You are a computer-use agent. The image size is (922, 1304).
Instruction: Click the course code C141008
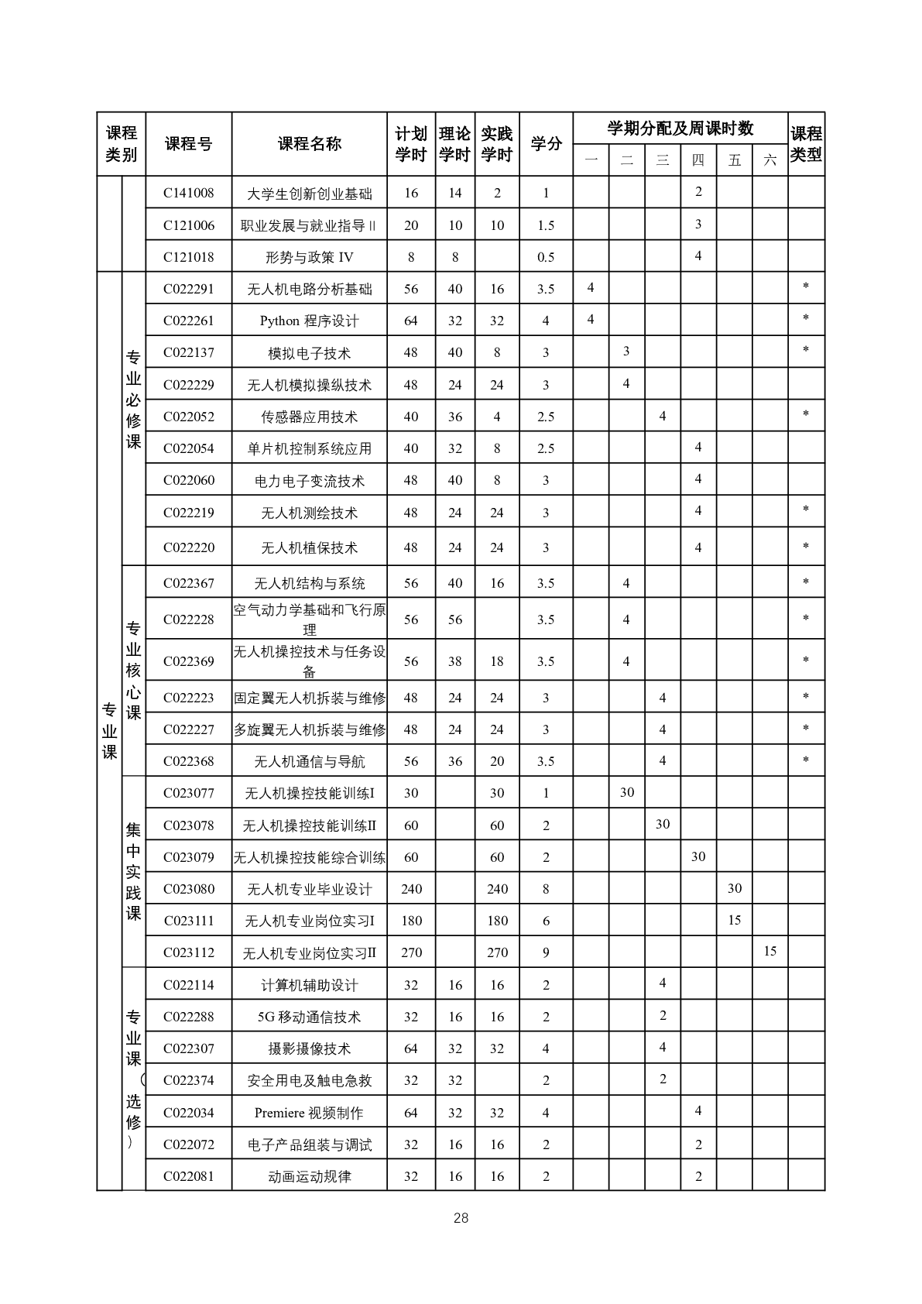188,193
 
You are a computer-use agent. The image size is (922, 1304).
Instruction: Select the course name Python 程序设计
309,321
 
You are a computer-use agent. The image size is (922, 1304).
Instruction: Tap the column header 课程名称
309,144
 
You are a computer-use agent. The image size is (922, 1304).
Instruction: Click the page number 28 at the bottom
461,1218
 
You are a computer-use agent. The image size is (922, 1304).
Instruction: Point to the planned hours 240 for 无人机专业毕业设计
411,889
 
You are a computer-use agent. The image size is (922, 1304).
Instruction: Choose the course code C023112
188,952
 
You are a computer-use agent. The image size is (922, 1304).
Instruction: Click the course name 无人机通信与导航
309,762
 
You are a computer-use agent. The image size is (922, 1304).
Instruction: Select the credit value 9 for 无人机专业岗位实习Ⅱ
546,952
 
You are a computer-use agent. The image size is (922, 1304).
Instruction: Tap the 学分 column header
546,144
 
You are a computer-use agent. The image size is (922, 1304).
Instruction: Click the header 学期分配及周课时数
680,129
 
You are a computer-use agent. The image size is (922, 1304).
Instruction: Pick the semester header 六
769,160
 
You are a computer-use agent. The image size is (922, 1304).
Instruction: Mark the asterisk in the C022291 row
806,287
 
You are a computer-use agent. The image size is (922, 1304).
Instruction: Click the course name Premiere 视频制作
309,1113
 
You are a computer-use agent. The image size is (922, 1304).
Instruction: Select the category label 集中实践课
133,871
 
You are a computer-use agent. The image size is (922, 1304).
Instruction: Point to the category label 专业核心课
133,671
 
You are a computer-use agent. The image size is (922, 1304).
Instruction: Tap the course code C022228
188,619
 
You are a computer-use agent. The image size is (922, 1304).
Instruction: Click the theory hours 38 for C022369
455,661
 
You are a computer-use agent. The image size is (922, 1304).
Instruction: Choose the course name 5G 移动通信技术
309,1017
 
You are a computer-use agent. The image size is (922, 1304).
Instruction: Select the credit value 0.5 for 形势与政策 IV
546,257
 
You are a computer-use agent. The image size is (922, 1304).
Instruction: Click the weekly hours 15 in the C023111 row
734,920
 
